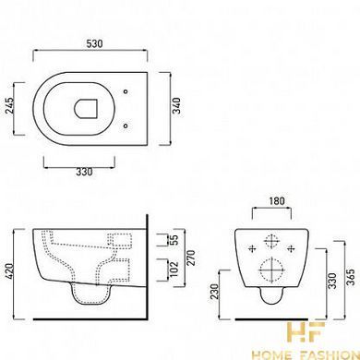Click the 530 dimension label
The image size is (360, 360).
click(x=94, y=43)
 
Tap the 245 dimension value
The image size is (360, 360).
click(x=10, y=105)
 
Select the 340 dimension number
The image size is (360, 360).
click(x=176, y=105)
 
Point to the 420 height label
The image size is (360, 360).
click(x=9, y=271)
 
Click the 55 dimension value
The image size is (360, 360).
click(x=174, y=240)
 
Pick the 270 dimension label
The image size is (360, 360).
click(x=191, y=258)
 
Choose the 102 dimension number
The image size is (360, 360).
click(x=174, y=269)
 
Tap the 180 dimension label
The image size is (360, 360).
click(x=277, y=201)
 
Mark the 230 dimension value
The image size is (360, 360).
click(x=214, y=291)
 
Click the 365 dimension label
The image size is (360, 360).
click(x=351, y=277)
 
